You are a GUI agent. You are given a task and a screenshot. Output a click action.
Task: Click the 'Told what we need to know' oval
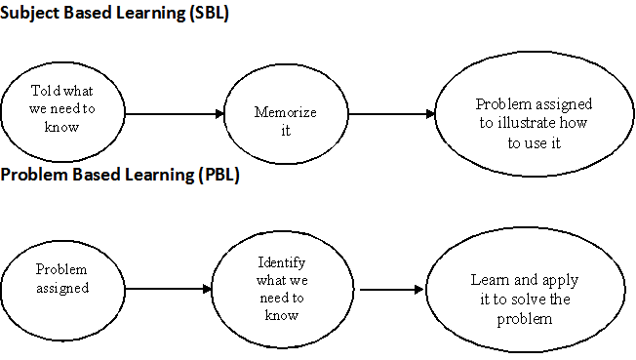coord(62,113)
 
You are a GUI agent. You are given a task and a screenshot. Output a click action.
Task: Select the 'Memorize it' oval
coord(286,115)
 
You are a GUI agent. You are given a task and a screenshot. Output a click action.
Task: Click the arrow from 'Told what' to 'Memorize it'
coord(174,114)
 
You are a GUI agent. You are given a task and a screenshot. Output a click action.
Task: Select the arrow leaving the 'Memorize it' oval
coord(391,114)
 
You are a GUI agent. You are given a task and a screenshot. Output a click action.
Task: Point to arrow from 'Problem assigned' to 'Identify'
coord(169,290)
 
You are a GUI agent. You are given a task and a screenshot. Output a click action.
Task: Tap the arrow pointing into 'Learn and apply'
coord(391,290)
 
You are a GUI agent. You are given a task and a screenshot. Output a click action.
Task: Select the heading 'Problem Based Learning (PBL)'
coord(120,176)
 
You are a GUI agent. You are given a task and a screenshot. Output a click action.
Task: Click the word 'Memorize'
coord(286,112)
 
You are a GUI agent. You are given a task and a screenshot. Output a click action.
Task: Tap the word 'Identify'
coord(281,263)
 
